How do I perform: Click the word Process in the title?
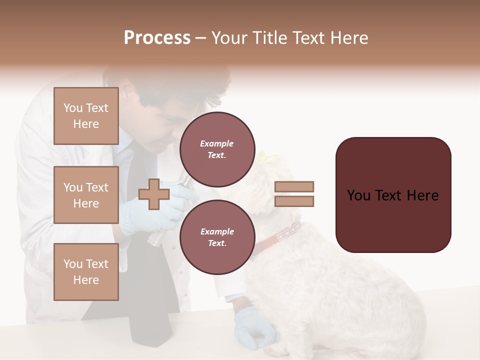click(x=157, y=37)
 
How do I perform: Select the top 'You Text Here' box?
click(x=86, y=116)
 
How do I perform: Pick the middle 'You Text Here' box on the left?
click(x=86, y=195)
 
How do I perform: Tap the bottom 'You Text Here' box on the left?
click(x=86, y=271)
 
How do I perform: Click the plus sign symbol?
click(x=154, y=194)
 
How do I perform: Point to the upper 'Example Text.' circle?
click(x=217, y=149)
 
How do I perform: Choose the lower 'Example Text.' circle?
click(x=217, y=237)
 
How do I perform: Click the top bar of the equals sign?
click(x=294, y=186)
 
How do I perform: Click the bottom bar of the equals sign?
click(x=294, y=201)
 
